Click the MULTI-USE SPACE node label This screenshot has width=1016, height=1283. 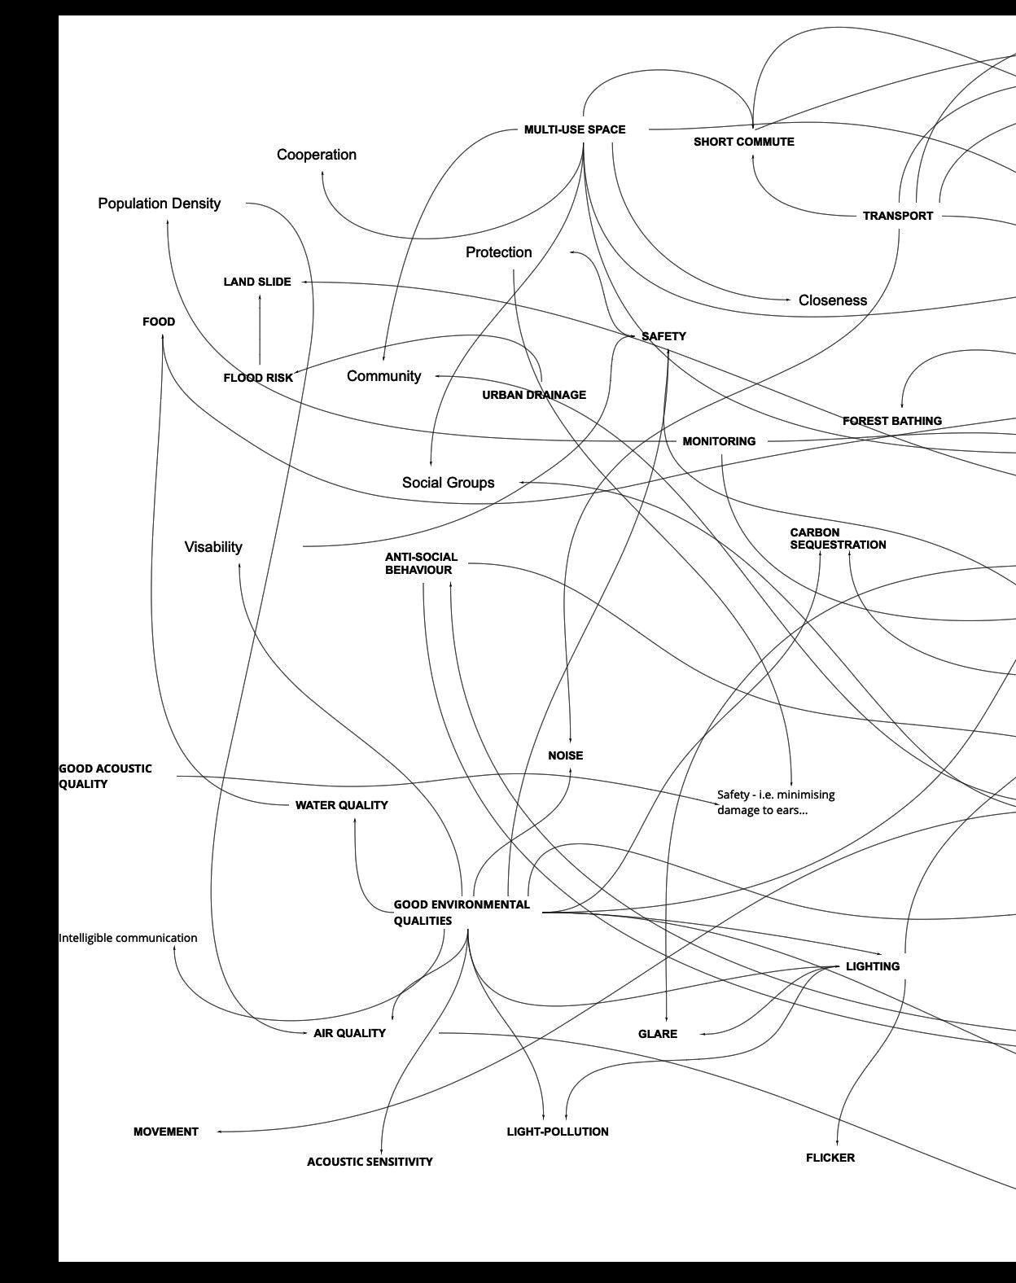[575, 129]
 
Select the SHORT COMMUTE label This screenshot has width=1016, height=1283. [743, 142]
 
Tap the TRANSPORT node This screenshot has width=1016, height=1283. [897, 216]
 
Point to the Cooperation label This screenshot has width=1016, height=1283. [316, 155]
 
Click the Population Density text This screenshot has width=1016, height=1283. [159, 204]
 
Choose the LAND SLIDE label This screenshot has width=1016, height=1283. [257, 282]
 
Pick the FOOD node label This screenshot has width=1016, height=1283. [159, 322]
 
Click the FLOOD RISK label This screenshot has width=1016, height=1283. [258, 378]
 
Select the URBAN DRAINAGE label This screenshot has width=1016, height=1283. [534, 395]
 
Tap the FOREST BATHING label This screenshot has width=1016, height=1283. [891, 421]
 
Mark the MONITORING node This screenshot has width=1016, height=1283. [719, 441]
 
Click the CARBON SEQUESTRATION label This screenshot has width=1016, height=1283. [837, 539]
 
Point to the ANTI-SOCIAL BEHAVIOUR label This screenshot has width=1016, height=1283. [421, 563]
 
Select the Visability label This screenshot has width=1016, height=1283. [213, 547]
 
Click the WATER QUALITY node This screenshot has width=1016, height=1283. [341, 805]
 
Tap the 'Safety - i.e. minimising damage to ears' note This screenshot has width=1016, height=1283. [775, 802]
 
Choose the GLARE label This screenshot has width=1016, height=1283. [657, 1034]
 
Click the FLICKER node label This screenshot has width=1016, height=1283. [830, 1158]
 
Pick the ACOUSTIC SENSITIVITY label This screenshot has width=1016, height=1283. [370, 1162]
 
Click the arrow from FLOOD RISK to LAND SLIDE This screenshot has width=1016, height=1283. [260, 330]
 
